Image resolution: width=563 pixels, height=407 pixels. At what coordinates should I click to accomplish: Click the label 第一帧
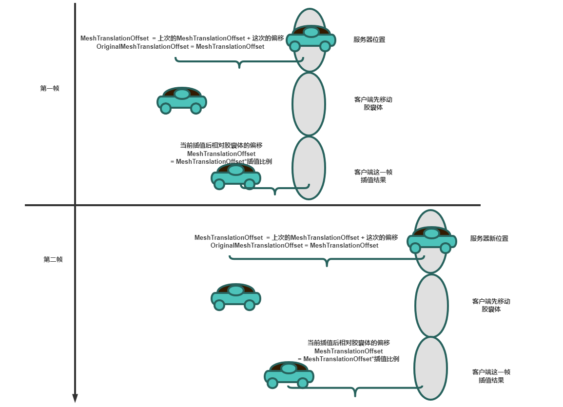pyautogui.click(x=49, y=89)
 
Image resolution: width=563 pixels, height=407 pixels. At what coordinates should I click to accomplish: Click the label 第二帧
pyautogui.click(x=53, y=259)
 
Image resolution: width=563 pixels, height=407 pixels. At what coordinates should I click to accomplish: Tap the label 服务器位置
pyautogui.click(x=369, y=39)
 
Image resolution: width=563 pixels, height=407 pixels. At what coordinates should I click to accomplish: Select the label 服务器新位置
pyautogui.click(x=489, y=238)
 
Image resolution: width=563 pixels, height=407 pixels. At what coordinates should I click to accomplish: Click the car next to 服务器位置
pyautogui.click(x=311, y=38)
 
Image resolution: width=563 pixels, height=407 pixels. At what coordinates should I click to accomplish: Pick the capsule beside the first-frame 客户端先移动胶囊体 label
pyautogui.click(x=309, y=104)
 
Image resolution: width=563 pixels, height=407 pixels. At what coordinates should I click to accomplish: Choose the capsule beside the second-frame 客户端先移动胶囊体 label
pyautogui.click(x=431, y=306)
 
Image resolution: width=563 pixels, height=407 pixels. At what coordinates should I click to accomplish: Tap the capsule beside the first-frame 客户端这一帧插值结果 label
pyautogui.click(x=309, y=168)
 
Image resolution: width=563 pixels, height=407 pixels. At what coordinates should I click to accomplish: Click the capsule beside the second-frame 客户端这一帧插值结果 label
pyautogui.click(x=430, y=368)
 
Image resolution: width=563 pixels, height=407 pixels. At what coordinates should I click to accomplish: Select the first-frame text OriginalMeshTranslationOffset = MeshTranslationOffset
pyautogui.click(x=180, y=47)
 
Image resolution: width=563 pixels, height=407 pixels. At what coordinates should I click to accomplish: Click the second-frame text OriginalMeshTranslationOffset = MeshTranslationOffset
pyautogui.click(x=294, y=245)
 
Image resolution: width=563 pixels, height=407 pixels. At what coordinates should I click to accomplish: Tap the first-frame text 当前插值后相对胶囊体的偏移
pyautogui.click(x=222, y=145)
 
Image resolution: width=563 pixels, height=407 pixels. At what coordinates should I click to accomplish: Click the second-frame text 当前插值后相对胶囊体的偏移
pyautogui.click(x=349, y=343)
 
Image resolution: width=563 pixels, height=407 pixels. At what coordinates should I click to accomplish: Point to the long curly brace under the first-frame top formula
pyautogui.click(x=239, y=62)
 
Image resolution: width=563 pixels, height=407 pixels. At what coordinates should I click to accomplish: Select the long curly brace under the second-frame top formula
pyautogui.click(x=327, y=260)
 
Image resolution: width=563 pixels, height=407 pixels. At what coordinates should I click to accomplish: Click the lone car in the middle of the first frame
pyautogui.click(x=181, y=100)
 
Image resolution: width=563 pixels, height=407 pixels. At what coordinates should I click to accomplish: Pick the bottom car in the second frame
pyautogui.click(x=289, y=375)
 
